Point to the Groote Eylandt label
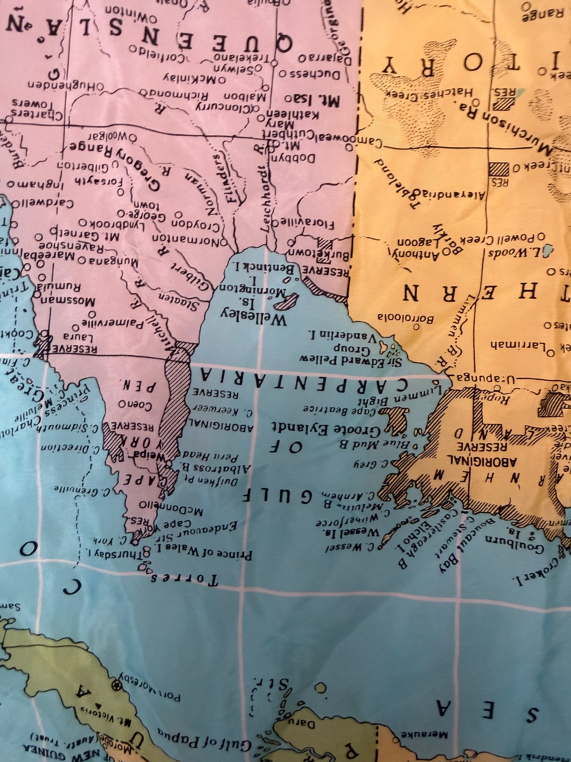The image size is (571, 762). (x=326, y=428)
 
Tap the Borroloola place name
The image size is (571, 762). (x=405, y=318)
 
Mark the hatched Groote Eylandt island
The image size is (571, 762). (x=396, y=420)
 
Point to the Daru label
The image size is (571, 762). (x=303, y=724)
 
